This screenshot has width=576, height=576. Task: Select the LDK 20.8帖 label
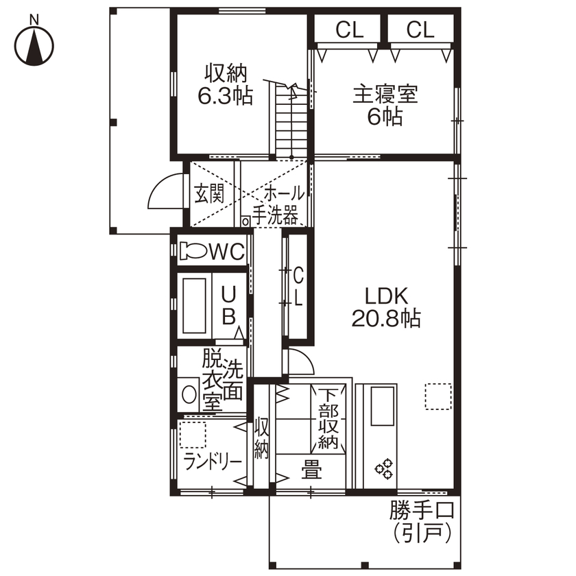coord(386,307)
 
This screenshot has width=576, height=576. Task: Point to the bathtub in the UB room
coord(194,306)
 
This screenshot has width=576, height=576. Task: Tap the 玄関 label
coord(209,193)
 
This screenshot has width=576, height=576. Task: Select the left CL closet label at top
coord(349,29)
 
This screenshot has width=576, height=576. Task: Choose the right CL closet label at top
coord(420,29)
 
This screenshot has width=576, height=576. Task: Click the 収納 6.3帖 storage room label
coord(225,85)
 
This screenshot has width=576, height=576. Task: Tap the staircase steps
coord(291,121)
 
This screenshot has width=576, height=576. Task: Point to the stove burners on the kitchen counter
coord(384,469)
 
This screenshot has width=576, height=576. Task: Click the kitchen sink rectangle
coord(383,406)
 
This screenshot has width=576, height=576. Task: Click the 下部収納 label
coord(328,419)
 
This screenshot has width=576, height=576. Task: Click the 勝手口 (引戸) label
coord(422,521)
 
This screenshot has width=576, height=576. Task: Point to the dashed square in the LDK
coord(438,396)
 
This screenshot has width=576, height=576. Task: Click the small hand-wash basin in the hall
coord(245,221)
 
